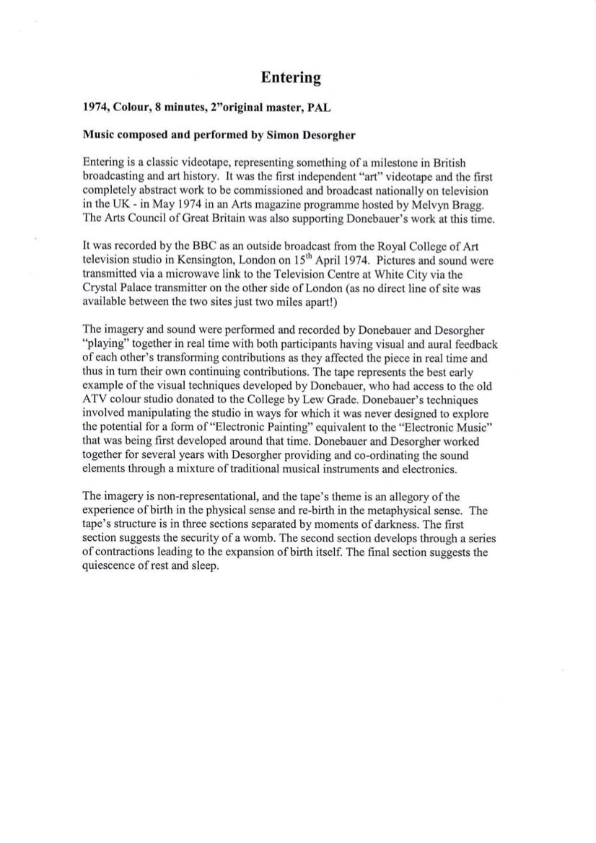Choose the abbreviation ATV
[97, 399]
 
